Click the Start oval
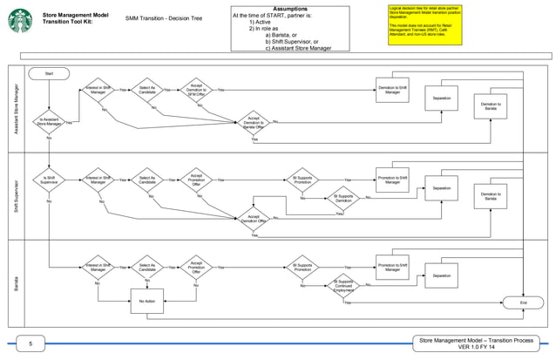pyautogui.click(x=48, y=73)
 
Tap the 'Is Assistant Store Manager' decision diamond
pyautogui.click(x=50, y=122)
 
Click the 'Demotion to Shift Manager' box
pyautogui.click(x=392, y=90)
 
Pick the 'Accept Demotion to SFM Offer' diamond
pyautogui.click(x=196, y=90)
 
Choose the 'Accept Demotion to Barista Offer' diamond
pyautogui.click(x=254, y=122)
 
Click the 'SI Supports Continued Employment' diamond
pyautogui.click(x=344, y=285)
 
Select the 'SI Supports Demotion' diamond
pyautogui.click(x=343, y=198)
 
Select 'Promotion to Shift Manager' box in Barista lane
pyautogui.click(x=392, y=267)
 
